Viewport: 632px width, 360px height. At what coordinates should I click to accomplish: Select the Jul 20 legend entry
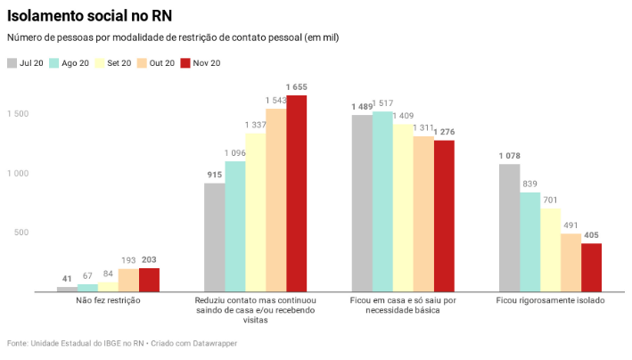(26, 63)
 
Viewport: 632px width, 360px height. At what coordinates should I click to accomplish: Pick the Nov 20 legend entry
(201, 63)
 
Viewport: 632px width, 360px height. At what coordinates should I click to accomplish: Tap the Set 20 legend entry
(113, 63)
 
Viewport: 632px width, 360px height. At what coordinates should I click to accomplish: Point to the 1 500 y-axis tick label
(18, 114)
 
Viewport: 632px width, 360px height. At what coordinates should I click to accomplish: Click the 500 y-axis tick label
(21, 233)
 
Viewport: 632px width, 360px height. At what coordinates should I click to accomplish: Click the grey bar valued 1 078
(509, 227)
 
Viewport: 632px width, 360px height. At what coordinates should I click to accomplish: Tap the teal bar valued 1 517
(382, 201)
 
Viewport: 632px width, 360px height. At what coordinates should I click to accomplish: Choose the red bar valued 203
(149, 280)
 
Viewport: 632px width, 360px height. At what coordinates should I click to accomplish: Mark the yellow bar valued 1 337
(256, 212)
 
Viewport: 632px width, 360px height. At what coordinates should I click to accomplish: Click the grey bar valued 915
(214, 237)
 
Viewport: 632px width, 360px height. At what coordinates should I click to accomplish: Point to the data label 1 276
(444, 132)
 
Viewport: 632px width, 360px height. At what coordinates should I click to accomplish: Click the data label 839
(529, 184)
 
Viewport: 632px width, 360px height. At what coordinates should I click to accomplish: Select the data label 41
(67, 279)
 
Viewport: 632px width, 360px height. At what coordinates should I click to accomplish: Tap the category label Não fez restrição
(108, 301)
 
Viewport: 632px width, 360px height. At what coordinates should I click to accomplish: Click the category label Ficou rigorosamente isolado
(550, 301)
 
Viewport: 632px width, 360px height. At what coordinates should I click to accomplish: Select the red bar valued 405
(591, 267)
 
